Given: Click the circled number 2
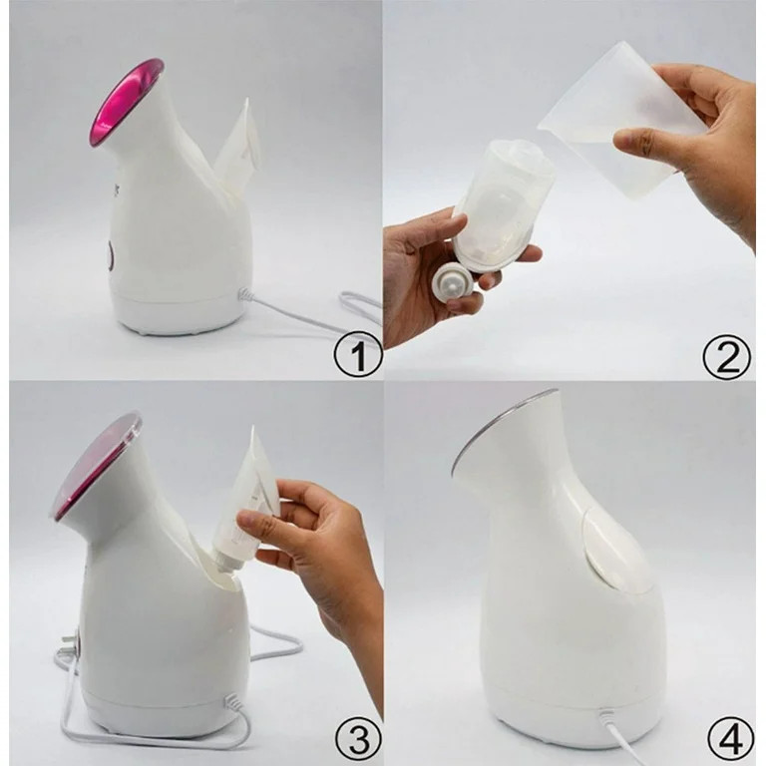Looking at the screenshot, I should [x=726, y=355].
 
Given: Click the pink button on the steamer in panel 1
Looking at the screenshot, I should [x=109, y=257].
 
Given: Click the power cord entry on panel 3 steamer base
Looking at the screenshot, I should [x=235, y=702].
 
